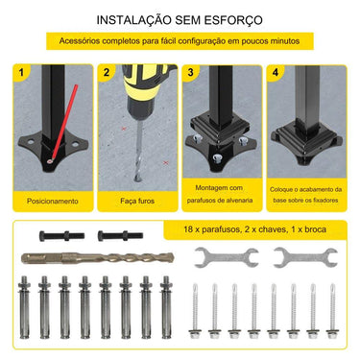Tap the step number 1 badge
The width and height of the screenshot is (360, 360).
pos(24,73)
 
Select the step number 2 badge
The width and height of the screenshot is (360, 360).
pos(108,73)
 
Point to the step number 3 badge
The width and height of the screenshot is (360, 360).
pos(192,73)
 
